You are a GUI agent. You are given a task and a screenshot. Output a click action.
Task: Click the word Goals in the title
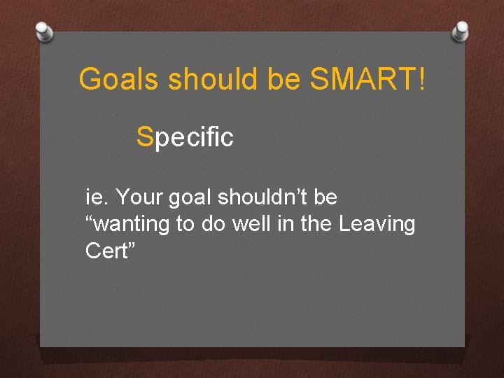pos(120,80)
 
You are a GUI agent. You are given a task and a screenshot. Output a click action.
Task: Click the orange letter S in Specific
pos(145,137)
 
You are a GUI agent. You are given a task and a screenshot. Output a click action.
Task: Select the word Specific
pos(185,138)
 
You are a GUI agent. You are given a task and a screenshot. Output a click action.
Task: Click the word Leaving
pos(377,225)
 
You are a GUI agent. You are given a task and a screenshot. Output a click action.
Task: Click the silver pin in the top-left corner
pos(44,30)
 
